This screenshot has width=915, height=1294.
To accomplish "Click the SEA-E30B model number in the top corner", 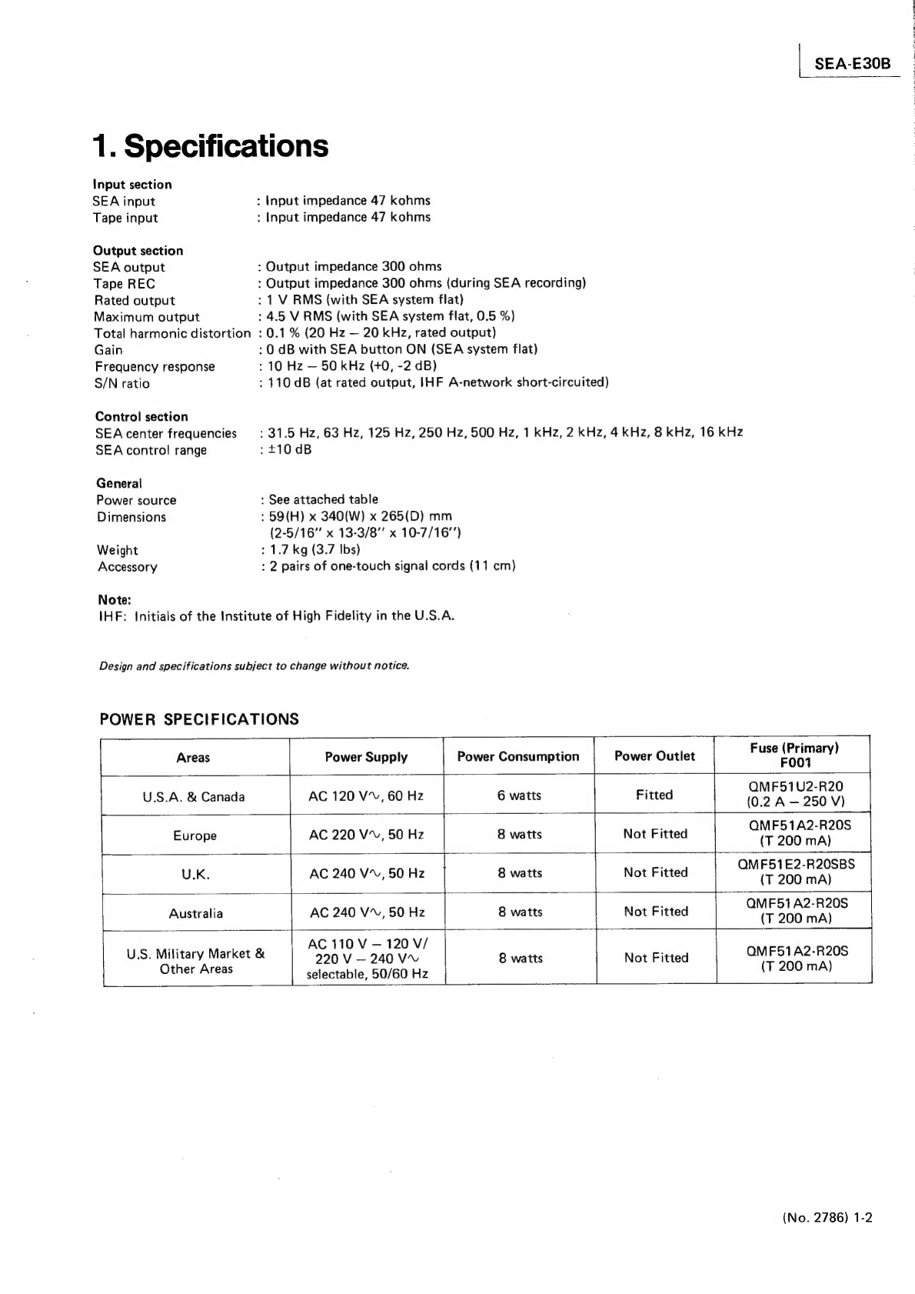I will tap(852, 63).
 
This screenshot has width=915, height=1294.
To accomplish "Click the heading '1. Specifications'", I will tap(211, 145).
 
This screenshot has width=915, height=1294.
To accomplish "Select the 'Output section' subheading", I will tap(138, 251).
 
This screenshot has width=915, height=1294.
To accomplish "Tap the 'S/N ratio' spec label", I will tap(122, 383).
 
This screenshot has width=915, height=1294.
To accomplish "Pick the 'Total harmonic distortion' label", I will tap(172, 333).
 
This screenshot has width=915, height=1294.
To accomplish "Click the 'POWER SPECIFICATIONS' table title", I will tap(199, 719).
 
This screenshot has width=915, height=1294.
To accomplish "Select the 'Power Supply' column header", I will tap(366, 757).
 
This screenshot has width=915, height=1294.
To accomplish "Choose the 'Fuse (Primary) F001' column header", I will tap(794, 755).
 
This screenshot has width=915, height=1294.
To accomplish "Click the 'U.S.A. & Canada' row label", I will tap(194, 797).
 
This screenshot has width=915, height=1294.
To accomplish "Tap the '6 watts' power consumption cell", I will tap(519, 795).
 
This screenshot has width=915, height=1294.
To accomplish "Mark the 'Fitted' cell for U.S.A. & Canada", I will tap(654, 795).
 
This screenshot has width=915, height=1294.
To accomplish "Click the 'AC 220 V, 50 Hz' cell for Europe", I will tap(366, 835).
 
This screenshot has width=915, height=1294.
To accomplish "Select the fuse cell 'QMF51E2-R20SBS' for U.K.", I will tap(796, 864).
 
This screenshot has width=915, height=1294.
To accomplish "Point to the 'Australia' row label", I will tap(196, 913).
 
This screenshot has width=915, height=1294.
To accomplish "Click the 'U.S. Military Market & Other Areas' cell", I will tap(196, 961).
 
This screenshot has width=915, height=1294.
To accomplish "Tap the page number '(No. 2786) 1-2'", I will tap(827, 1218).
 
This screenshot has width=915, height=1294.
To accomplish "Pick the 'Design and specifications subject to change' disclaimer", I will tap(255, 665).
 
